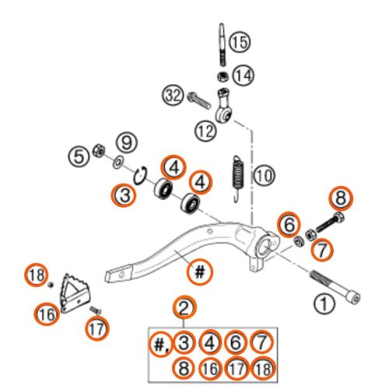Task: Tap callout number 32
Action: coord(173,96)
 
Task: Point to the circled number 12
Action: coord(205,131)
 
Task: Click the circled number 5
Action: coord(78,156)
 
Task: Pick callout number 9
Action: coord(124,142)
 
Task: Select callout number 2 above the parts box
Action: coord(184,308)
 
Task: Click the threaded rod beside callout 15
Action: coord(221,44)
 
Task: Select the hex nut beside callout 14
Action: coord(221,76)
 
